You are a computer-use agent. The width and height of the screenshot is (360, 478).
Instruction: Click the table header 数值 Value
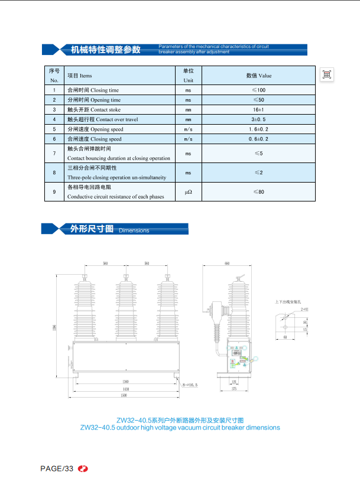tap(258, 76)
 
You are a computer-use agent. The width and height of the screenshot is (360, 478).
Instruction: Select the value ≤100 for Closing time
tap(258, 90)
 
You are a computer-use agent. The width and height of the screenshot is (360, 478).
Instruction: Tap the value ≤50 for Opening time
tap(258, 100)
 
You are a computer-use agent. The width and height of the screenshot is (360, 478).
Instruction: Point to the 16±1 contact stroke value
tap(258, 109)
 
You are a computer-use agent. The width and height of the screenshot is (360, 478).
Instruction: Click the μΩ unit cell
tap(189, 192)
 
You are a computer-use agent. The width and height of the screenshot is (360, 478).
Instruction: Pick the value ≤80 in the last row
tap(258, 192)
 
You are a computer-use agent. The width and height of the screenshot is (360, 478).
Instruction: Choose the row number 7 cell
tap(54, 153)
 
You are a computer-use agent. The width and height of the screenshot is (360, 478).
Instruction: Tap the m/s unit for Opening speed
tap(189, 129)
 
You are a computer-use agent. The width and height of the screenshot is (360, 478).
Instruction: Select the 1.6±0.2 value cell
tap(258, 129)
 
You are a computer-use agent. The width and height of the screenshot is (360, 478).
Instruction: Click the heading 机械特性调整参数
tap(106, 50)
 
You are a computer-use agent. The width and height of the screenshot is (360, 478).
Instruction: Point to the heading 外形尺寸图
tap(92, 229)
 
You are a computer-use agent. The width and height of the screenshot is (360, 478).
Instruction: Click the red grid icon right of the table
tap(327, 74)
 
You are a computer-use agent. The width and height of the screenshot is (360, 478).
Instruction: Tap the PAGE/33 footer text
tap(57, 469)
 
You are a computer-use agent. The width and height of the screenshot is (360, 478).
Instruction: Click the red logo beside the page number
tap(83, 469)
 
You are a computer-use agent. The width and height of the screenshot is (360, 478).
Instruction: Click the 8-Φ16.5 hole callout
tap(192, 385)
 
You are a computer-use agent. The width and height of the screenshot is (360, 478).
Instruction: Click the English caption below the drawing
tap(180, 428)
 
